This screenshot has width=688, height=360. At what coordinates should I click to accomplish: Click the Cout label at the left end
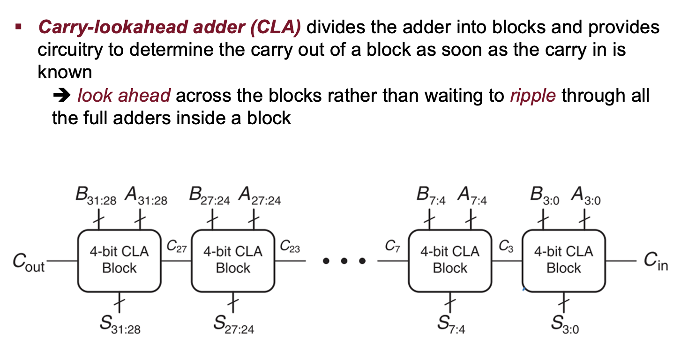[29, 263]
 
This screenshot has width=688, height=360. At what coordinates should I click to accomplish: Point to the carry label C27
[177, 246]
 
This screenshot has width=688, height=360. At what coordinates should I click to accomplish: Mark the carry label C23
[290, 246]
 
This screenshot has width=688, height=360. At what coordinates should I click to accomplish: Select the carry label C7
[393, 246]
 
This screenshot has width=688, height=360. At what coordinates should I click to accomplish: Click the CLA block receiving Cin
[564, 260]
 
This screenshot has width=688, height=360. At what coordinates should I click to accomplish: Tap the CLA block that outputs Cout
[119, 260]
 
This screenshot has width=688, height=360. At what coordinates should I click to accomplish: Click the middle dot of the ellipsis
[344, 261]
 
